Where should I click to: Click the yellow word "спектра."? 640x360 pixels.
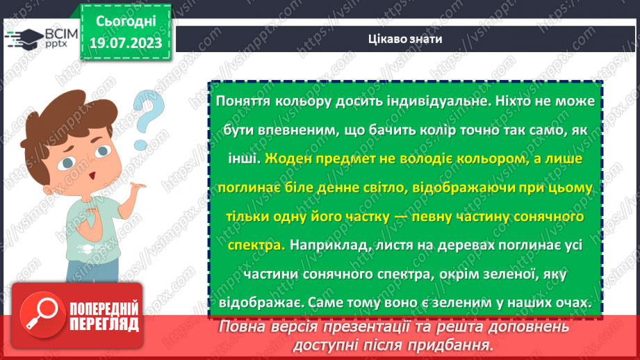click(x=256, y=245)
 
